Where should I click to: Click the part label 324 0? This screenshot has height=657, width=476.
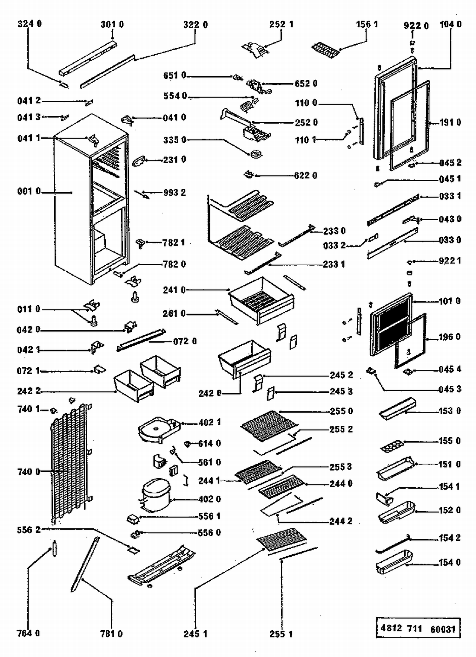[30, 24]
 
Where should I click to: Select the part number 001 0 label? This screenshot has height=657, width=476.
[29, 191]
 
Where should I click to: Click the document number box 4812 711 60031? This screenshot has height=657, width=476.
[418, 629]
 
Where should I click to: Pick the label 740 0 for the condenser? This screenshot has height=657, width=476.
[29, 472]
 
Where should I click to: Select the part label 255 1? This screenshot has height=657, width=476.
[281, 634]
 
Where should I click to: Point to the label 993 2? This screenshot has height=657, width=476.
[175, 193]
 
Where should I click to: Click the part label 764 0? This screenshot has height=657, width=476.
[28, 633]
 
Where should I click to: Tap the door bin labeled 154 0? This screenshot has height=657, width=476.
[393, 562]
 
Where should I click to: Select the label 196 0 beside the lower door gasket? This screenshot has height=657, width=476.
[449, 337]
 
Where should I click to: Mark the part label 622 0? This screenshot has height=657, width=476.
[306, 175]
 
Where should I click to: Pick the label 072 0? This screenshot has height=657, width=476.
[185, 342]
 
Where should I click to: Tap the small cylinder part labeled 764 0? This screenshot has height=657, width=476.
[55, 548]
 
